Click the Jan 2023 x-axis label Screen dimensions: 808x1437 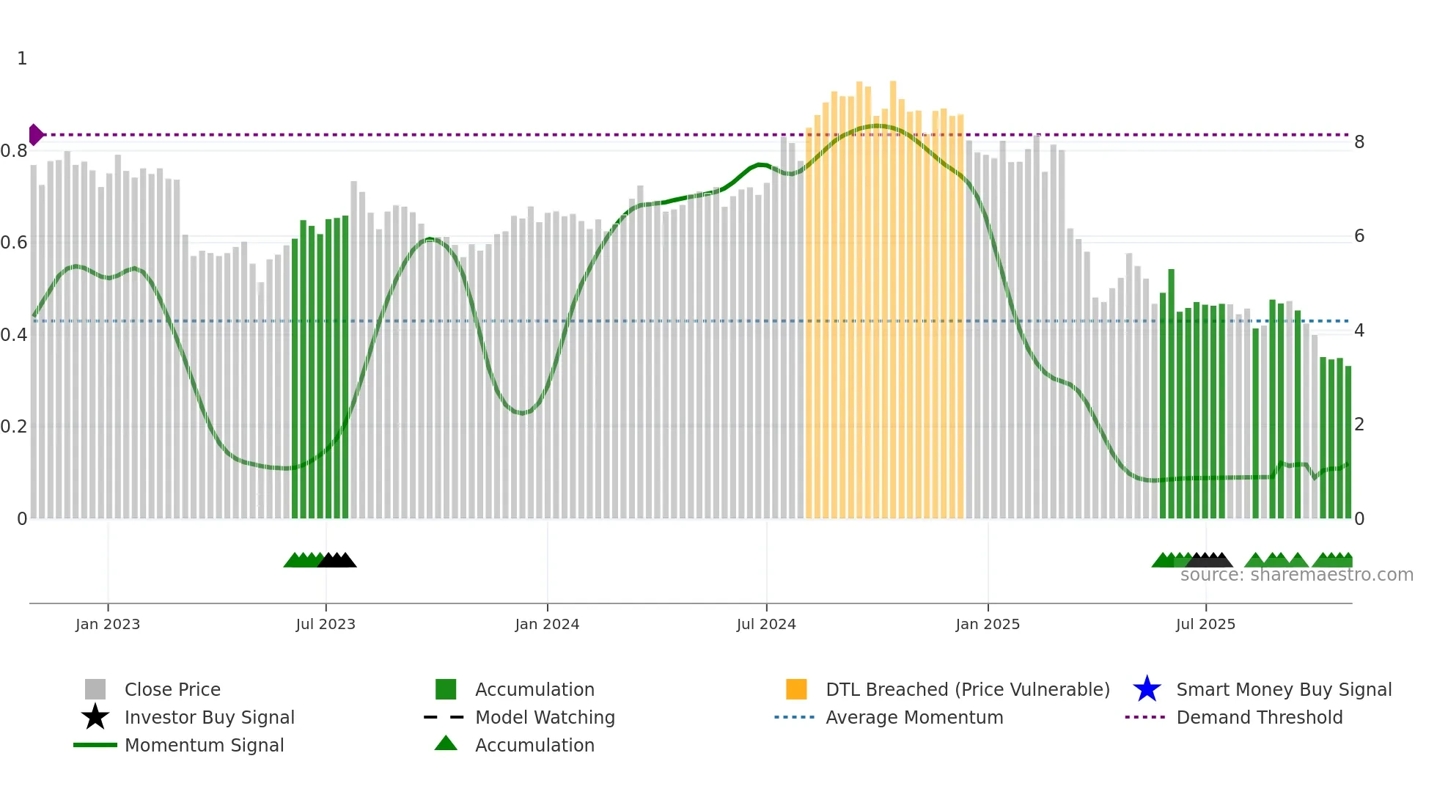(x=107, y=624)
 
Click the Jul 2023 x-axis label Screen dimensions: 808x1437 (x=326, y=624)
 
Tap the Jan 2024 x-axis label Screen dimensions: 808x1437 (x=547, y=624)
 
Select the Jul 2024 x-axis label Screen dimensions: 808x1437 (x=766, y=624)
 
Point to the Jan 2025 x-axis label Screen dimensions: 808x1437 (x=988, y=624)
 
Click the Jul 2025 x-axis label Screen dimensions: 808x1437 (x=1205, y=624)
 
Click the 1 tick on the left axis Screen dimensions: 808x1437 (x=22, y=59)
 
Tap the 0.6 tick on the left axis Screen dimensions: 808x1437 (x=14, y=243)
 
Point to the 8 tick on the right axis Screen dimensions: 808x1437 (x=1359, y=142)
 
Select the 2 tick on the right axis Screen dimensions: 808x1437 (x=1359, y=425)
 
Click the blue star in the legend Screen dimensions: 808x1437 (x=1147, y=689)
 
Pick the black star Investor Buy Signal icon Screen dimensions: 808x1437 (x=95, y=717)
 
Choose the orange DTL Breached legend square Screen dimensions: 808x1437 (x=796, y=689)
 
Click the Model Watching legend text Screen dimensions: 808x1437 (x=545, y=717)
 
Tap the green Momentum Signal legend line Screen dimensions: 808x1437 (x=95, y=745)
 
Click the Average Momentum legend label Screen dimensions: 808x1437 (x=914, y=717)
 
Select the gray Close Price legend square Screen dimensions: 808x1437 (x=95, y=689)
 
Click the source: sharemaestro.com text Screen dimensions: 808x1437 (x=1296, y=575)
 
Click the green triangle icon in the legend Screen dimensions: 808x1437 (x=446, y=744)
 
